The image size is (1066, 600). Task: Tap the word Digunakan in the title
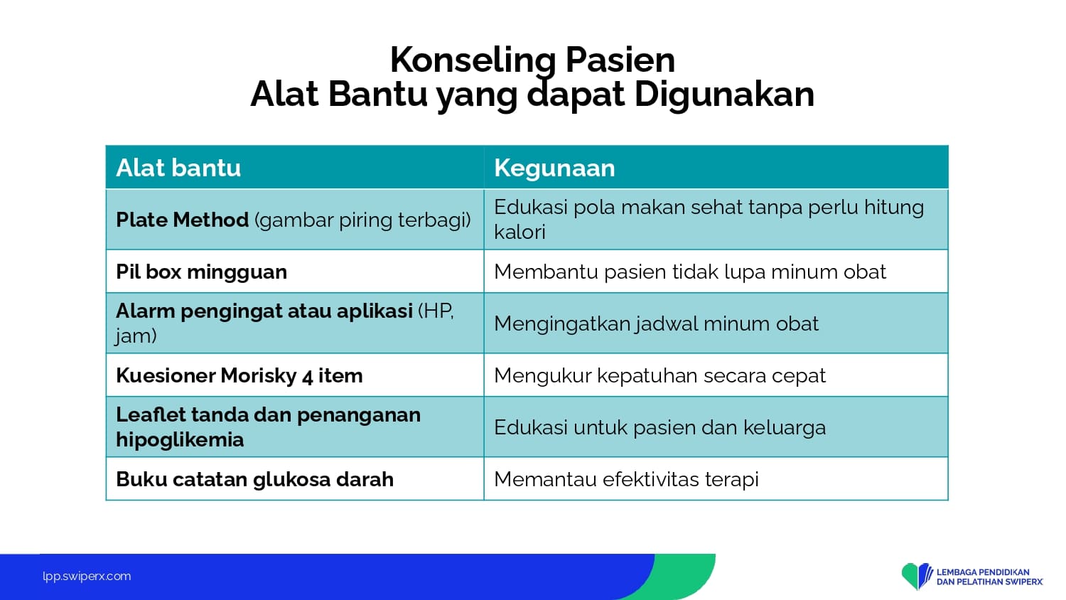724,95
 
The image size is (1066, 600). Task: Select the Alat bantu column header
178,168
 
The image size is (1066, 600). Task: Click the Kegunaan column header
554,168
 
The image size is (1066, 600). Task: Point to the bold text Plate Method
182,220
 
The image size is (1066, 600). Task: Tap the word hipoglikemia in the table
180,439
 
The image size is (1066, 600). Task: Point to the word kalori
519,232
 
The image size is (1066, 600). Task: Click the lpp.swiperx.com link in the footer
87,577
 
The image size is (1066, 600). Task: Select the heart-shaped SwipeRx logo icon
917,576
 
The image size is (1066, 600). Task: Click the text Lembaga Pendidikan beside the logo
983,572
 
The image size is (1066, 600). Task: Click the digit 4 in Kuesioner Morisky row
308,376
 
